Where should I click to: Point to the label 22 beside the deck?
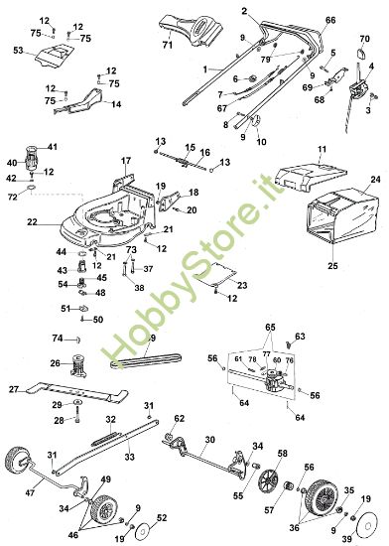click(32, 220)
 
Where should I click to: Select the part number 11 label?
click(321, 149)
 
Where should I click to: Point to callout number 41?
click(53, 146)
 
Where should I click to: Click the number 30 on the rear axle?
click(208, 439)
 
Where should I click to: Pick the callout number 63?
click(301, 336)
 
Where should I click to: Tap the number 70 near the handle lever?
click(364, 38)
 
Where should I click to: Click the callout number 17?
click(126, 161)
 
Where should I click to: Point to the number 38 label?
click(140, 287)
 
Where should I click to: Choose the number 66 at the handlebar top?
click(330, 20)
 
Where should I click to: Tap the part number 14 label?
click(116, 104)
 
